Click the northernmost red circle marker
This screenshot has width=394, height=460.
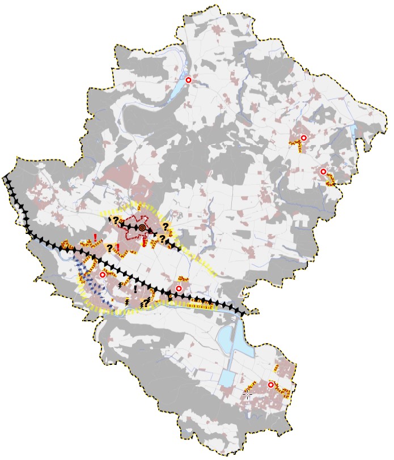pyautogui.click(x=189, y=80)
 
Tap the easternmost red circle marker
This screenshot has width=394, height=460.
pyautogui.click(x=323, y=172)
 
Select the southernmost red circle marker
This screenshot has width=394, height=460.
pyautogui.click(x=271, y=385)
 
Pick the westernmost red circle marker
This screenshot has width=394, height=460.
pyautogui.click(x=103, y=275)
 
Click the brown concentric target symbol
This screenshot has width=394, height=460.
pyautogui.click(x=142, y=228)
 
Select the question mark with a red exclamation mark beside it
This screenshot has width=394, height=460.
pyautogui.click(x=109, y=248)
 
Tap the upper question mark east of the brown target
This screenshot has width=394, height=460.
pyautogui.click(x=166, y=227)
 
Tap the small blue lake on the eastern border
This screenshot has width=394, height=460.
pyautogui.click(x=354, y=134)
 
